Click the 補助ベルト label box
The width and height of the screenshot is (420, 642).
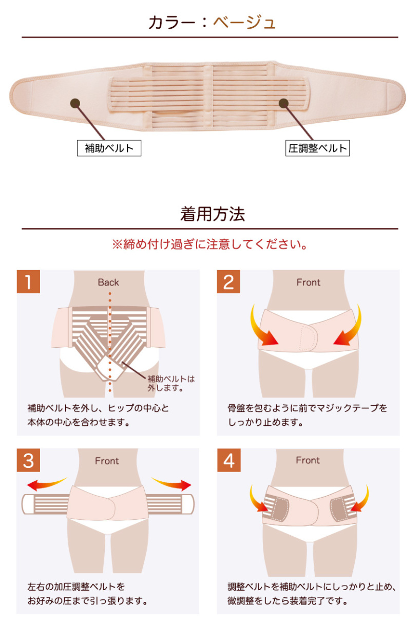109,148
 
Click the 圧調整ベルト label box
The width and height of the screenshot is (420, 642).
317,148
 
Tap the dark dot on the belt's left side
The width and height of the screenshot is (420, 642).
75,103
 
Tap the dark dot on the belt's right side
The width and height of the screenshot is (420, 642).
283,103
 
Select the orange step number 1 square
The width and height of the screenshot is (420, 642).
28,281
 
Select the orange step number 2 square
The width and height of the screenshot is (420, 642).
228,281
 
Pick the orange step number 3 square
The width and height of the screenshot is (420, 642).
28,460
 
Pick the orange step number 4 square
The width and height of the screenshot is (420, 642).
229,460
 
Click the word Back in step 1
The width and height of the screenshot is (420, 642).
108,282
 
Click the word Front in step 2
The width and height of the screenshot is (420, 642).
308,282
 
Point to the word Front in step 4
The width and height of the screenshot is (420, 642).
308,460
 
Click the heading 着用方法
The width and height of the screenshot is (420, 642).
213,214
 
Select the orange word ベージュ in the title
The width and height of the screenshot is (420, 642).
244,23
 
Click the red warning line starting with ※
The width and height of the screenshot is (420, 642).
209,244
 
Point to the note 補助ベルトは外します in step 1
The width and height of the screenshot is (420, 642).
171,384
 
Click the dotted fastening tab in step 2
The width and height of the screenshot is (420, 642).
308,338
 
